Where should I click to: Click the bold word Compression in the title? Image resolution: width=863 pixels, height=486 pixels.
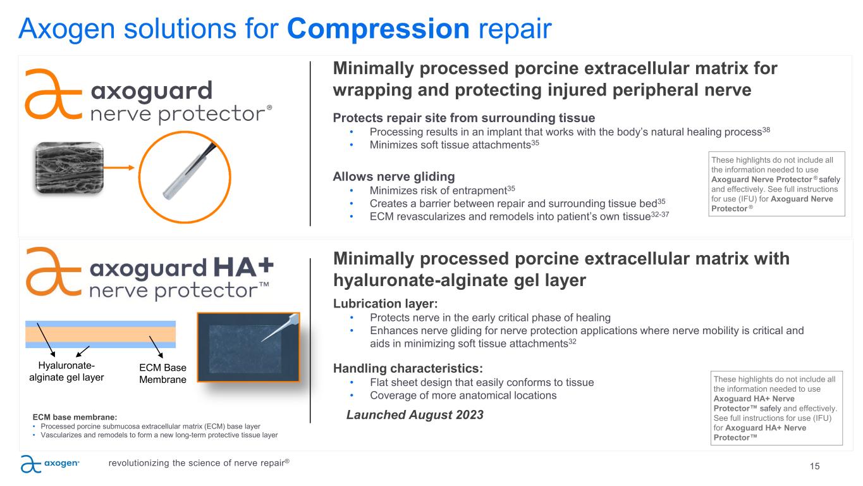(x=378, y=29)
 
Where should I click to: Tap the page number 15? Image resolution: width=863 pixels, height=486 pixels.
(x=814, y=466)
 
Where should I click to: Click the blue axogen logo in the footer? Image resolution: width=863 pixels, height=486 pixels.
(x=50, y=463)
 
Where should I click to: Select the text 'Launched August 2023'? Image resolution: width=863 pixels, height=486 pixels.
(x=415, y=414)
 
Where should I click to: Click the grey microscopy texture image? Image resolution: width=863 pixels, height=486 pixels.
(x=70, y=168)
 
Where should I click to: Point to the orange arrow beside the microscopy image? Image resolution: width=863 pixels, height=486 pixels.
(x=119, y=168)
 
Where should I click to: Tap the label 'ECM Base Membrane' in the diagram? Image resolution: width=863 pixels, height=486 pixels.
(x=162, y=373)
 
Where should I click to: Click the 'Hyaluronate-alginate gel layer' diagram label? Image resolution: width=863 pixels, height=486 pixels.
(x=66, y=371)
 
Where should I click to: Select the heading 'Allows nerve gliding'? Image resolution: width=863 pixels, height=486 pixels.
(x=394, y=177)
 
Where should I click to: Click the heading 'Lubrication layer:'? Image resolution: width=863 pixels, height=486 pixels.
(x=385, y=304)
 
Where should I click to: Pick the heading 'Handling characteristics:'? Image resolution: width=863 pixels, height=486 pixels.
(x=408, y=368)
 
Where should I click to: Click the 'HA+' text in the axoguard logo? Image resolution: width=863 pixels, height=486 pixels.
(x=243, y=267)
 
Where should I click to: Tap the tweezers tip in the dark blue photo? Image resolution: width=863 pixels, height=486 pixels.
(x=262, y=341)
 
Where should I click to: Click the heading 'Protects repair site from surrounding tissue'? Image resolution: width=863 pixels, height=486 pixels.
(x=464, y=118)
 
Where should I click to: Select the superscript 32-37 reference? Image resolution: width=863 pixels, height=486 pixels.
(x=660, y=214)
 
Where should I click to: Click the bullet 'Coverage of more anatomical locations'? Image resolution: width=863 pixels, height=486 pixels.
(x=463, y=396)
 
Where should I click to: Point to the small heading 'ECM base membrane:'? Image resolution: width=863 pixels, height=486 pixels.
(x=75, y=418)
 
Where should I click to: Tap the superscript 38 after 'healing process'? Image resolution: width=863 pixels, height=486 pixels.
(x=766, y=130)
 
